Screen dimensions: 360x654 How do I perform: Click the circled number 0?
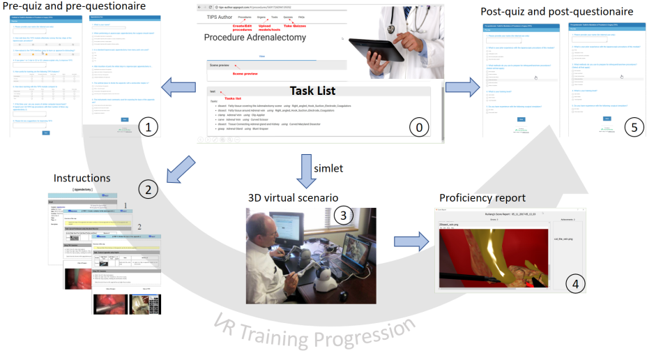(418, 127)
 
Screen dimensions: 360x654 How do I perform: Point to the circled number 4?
(575, 283)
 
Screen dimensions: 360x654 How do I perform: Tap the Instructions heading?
(82, 179)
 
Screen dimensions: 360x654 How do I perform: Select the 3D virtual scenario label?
(294, 197)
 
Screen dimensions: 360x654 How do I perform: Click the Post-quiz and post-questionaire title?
(557, 11)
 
